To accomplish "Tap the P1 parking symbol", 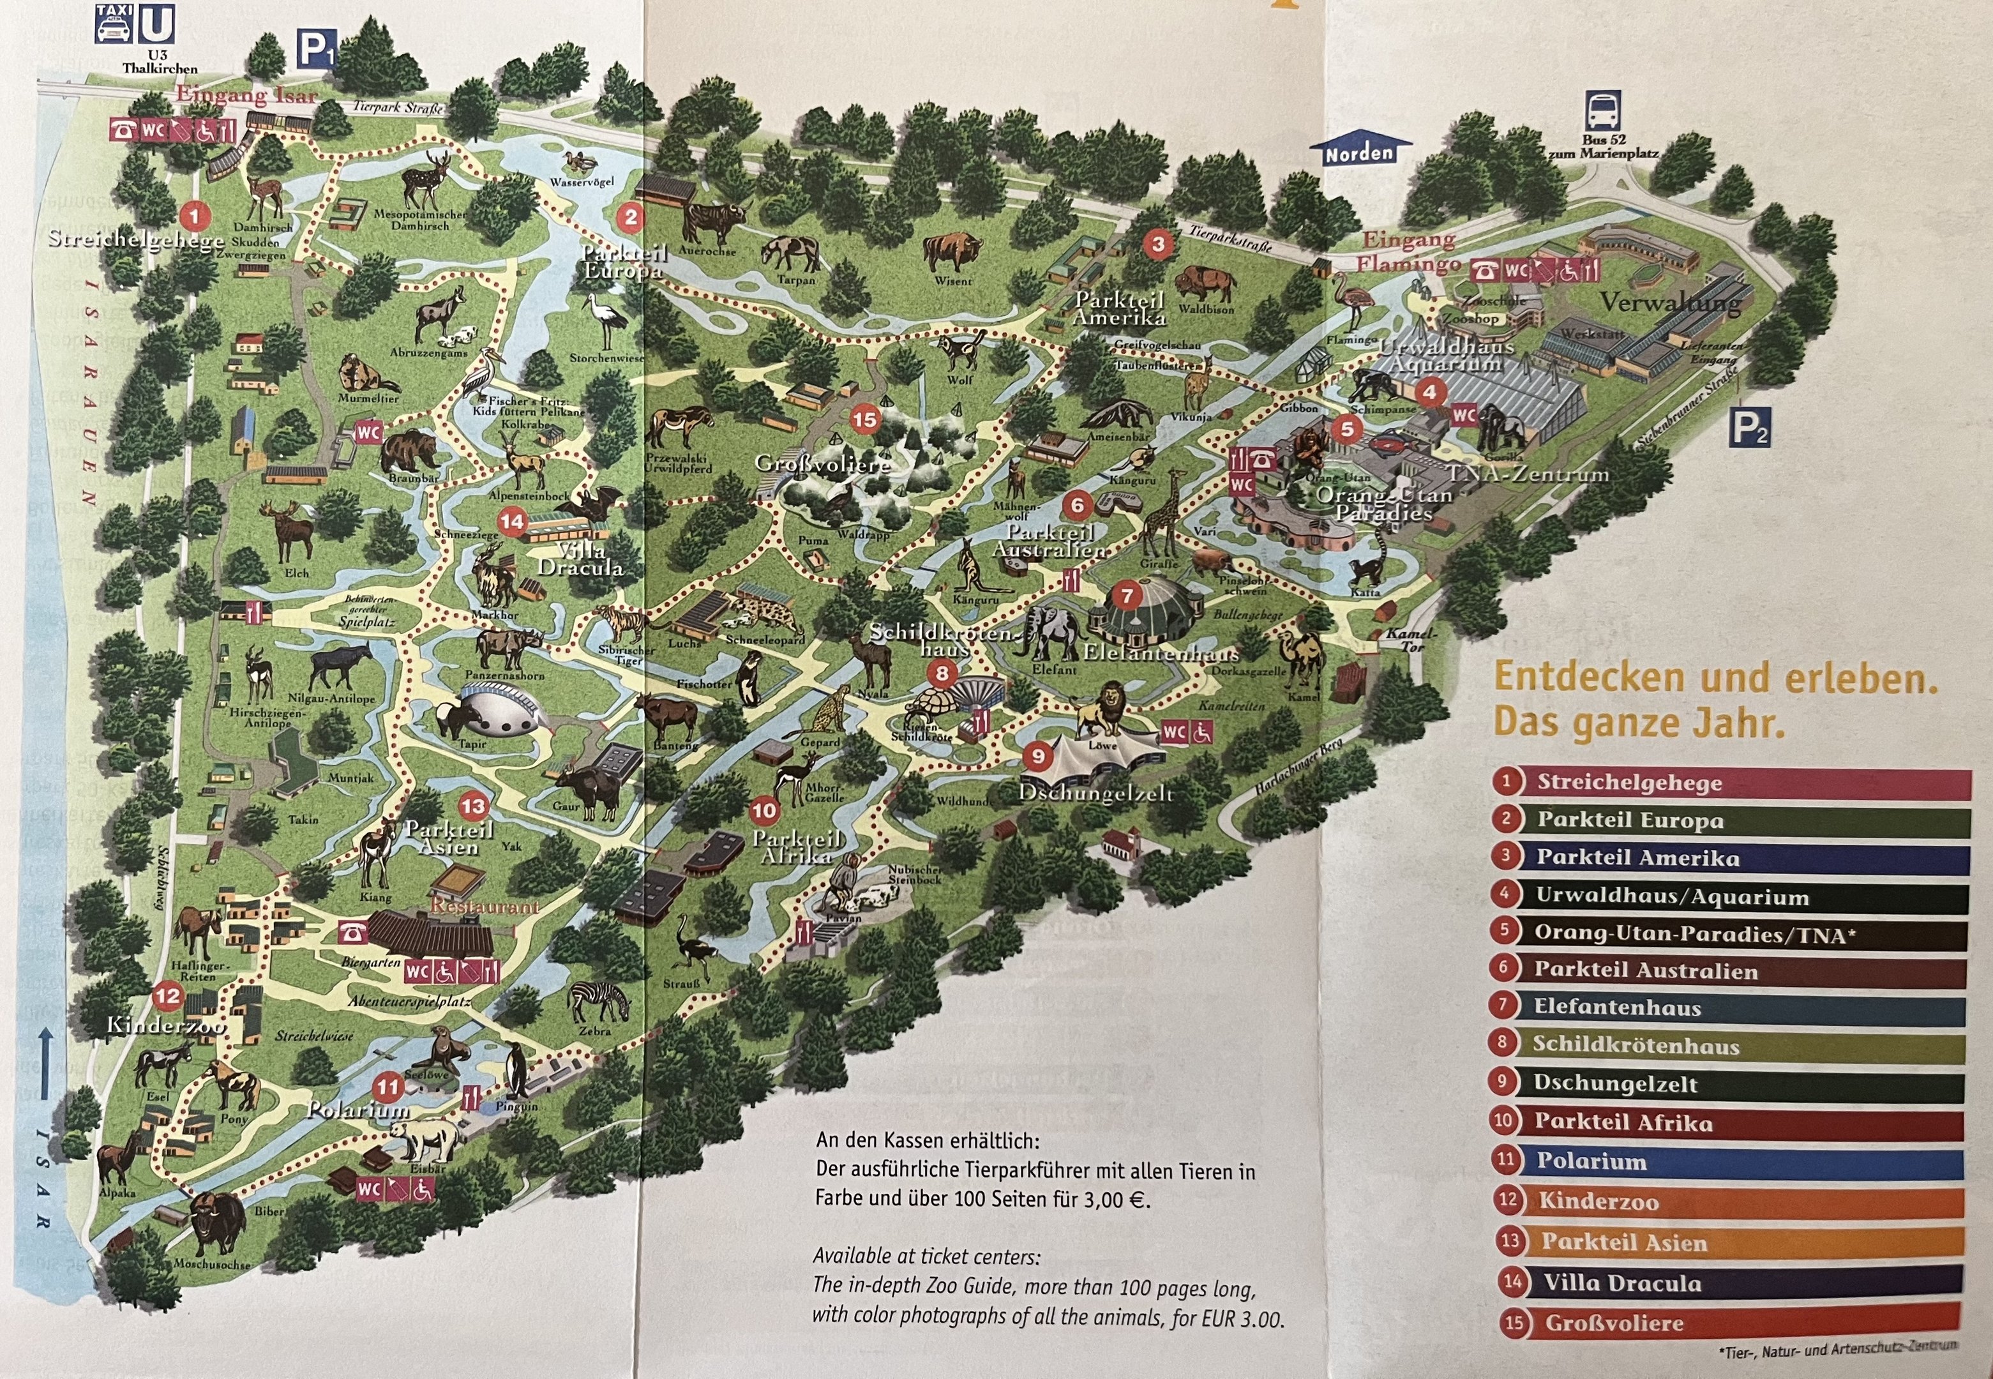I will (317, 50).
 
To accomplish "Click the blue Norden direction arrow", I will (1360, 151).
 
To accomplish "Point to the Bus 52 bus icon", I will (1602, 110).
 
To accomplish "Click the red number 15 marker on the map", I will (865, 420).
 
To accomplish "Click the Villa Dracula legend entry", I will (1621, 1283).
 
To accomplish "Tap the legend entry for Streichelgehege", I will (1628, 782).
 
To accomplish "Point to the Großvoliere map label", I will (822, 464).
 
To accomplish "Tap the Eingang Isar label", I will (247, 95).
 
